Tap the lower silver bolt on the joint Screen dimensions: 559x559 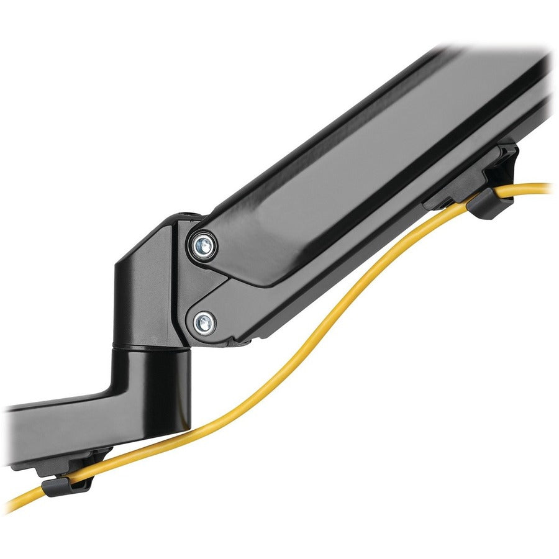(x=204, y=322)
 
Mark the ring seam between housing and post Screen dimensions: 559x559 (x=149, y=343)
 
